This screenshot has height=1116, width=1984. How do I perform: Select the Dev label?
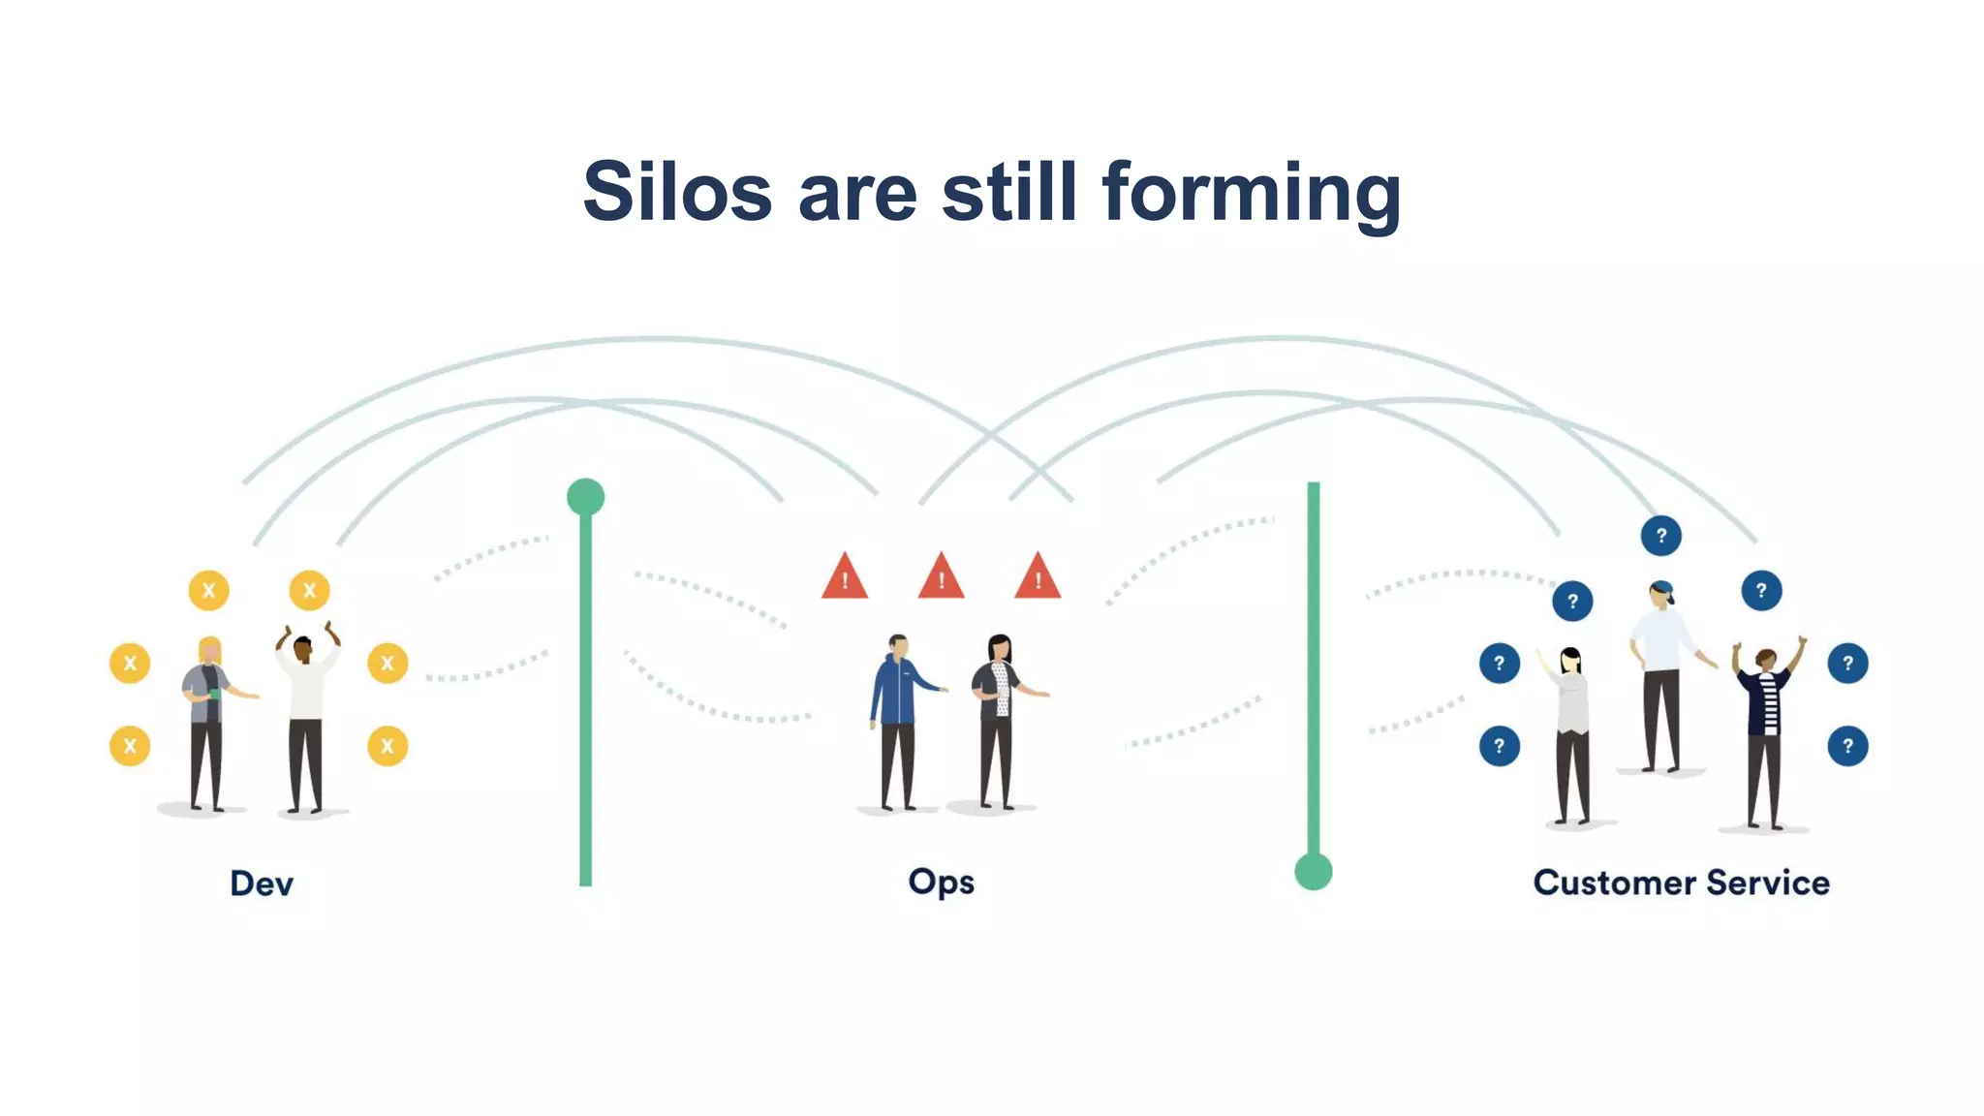(x=261, y=883)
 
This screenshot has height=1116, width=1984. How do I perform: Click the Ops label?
(x=941, y=883)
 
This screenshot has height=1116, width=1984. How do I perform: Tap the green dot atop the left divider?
(x=585, y=497)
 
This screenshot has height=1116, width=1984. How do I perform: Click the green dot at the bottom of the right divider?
(x=1313, y=871)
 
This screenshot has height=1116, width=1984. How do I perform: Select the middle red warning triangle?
(x=941, y=577)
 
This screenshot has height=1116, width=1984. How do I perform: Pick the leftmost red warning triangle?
(x=844, y=577)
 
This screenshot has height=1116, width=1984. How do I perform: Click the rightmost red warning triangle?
(x=1037, y=577)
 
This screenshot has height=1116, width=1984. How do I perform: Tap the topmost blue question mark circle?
(x=1660, y=536)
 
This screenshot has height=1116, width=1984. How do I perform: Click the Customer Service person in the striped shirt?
(x=1765, y=727)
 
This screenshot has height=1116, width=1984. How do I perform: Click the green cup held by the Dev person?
(x=215, y=693)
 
